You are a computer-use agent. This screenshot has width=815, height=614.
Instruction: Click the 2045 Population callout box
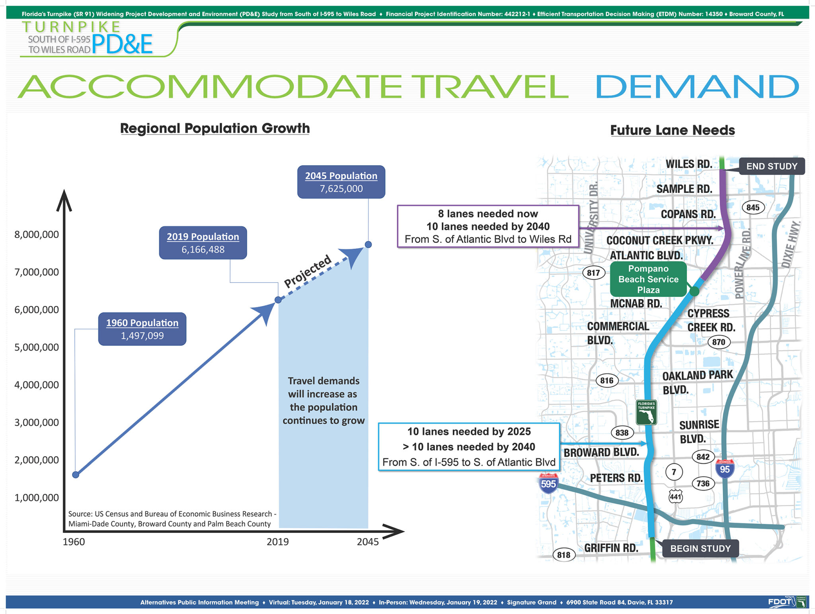click(341, 182)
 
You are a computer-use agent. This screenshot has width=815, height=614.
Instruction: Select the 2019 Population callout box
click(203, 243)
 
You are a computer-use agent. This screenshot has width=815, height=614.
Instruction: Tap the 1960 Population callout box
click(142, 329)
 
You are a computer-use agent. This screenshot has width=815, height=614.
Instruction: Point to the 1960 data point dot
click(76, 474)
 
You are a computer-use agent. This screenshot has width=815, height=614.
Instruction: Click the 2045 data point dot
click(369, 244)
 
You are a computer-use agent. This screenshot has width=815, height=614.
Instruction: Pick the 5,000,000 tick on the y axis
click(37, 347)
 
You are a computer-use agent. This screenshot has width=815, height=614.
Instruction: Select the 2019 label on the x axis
click(278, 542)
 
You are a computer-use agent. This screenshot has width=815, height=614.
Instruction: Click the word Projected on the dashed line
click(308, 271)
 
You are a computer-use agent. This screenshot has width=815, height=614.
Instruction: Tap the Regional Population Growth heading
click(215, 128)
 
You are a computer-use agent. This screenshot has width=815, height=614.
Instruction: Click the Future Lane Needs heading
click(673, 130)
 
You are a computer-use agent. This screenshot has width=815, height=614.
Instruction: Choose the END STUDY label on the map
click(772, 166)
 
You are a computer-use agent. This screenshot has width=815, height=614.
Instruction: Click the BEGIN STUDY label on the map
click(700, 549)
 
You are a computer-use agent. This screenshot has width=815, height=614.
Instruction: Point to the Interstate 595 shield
click(548, 483)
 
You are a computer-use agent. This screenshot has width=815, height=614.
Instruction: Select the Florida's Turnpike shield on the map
click(646, 412)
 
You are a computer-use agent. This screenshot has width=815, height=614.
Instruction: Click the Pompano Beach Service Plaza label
click(648, 279)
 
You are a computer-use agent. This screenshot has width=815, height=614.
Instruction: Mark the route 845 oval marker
click(753, 207)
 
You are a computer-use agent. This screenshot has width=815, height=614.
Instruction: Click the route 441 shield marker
click(675, 496)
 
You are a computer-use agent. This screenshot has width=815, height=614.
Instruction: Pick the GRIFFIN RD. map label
click(611, 548)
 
